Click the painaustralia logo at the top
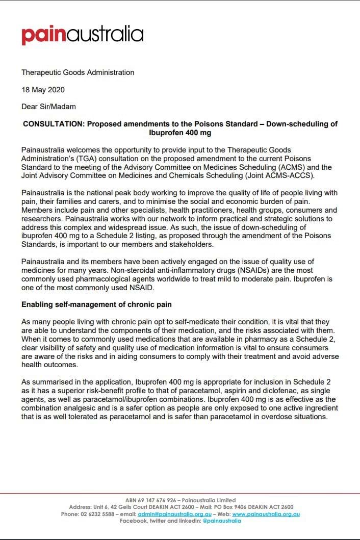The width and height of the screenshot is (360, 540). pos(82,35)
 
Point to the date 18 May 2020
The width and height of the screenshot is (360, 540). pos(43,89)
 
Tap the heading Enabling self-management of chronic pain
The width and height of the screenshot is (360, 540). pos(97,304)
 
